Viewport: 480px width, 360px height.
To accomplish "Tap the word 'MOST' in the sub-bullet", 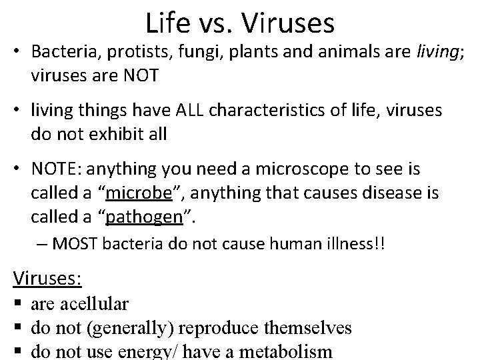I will [74, 244].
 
